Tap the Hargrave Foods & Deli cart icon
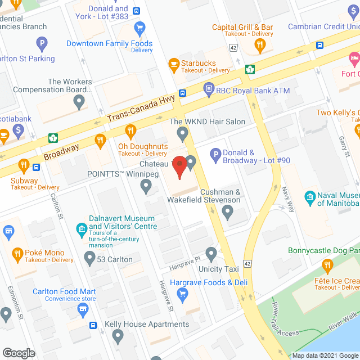coord(182,293)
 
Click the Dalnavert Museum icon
coord(80,229)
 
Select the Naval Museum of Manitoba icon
coord(309,197)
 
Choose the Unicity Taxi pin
coord(211,254)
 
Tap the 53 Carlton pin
coord(89,259)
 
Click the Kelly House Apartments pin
coord(118,336)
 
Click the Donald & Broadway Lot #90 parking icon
coord(215,154)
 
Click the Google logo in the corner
coord(19,353)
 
